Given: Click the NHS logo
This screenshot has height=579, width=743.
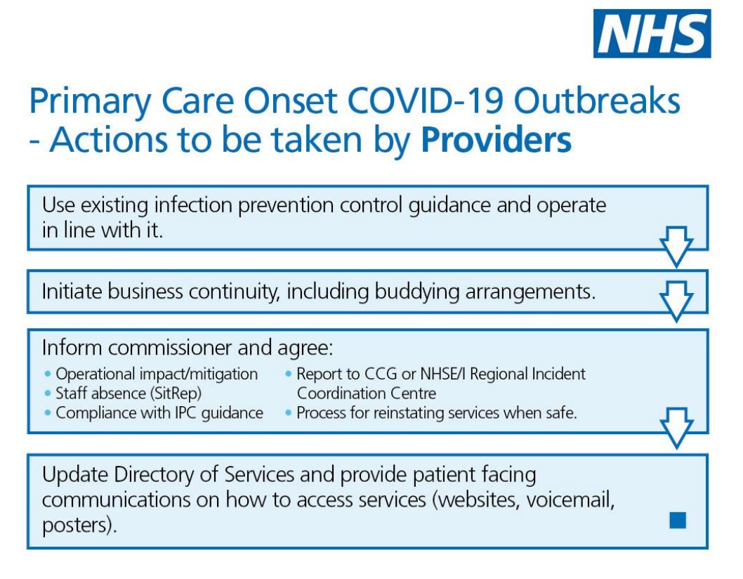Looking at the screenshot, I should click(652, 33).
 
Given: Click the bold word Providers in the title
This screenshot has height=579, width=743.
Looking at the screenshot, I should click(496, 140).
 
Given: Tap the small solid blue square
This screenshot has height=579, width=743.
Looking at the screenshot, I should click(677, 520).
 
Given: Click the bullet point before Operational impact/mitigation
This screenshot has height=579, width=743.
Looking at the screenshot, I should click(48, 375).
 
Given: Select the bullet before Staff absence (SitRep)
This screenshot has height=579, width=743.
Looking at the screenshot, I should click(48, 393).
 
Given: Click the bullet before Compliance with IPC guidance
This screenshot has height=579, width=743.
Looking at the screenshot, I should click(48, 413).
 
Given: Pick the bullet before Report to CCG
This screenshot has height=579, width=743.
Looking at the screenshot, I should click(289, 375).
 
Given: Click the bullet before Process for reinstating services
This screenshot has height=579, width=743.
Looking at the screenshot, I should click(289, 413).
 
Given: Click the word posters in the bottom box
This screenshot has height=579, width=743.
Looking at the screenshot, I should click(75, 525).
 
